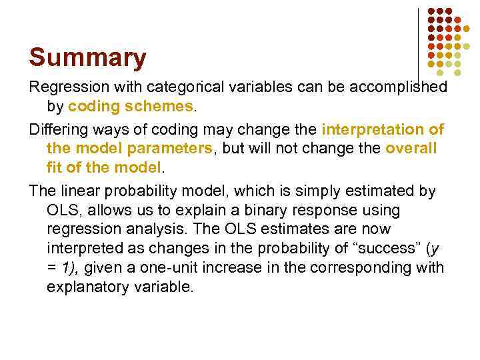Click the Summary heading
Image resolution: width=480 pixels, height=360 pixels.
87,58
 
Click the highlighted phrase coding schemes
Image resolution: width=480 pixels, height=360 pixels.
131,106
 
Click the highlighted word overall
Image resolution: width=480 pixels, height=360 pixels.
411,148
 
